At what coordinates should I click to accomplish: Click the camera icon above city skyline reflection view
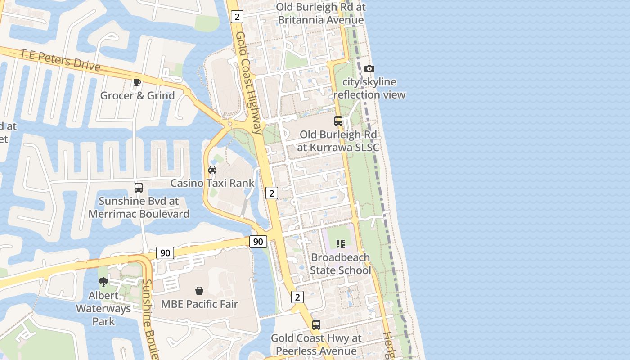tap(369, 69)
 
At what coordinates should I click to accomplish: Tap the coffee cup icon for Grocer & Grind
tap(137, 82)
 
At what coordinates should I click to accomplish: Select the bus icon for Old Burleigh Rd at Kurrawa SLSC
tap(338, 121)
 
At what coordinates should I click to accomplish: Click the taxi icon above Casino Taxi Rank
tap(212, 170)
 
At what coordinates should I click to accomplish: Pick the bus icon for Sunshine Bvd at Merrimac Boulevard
tap(139, 188)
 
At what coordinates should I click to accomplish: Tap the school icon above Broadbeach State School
tap(341, 244)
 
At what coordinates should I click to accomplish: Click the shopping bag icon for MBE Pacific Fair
tap(199, 291)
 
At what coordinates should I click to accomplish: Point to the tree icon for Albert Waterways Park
tap(103, 282)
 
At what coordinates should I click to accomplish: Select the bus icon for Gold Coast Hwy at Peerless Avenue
tap(316, 325)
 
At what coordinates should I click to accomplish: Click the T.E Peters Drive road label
tap(60, 60)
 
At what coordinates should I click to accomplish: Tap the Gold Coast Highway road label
tap(248, 83)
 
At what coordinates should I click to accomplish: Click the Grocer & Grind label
tap(137, 95)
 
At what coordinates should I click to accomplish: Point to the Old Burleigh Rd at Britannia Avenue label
tap(321, 13)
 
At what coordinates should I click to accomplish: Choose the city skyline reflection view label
tap(369, 88)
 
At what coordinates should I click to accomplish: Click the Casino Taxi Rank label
tap(212, 183)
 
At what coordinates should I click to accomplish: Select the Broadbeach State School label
tap(341, 264)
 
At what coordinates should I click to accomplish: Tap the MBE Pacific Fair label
tap(199, 304)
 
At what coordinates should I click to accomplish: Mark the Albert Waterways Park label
tap(103, 308)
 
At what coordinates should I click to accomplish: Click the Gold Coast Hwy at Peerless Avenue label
tap(316, 344)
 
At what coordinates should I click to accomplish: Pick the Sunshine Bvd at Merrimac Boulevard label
tap(139, 207)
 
